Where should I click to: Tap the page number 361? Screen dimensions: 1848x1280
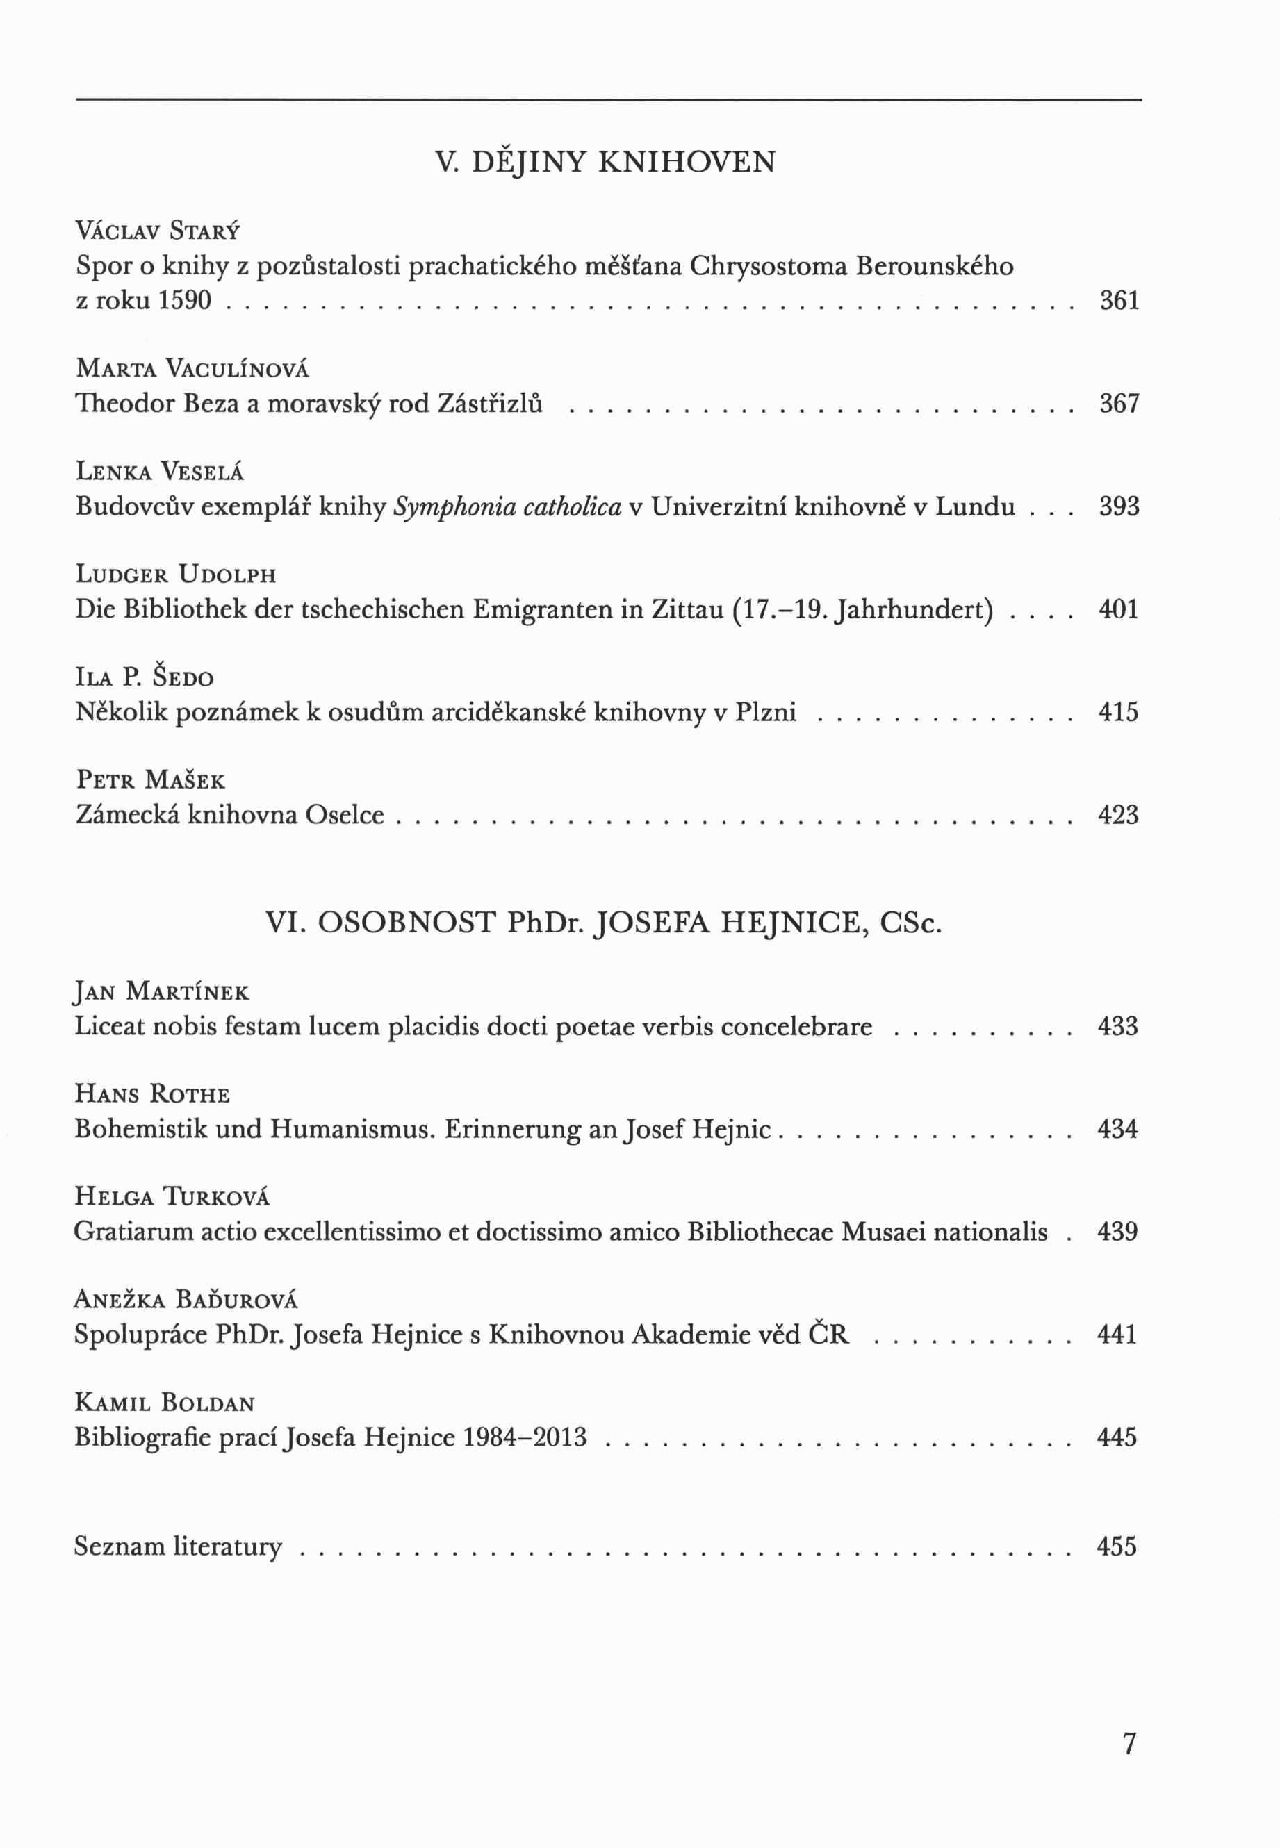(1119, 301)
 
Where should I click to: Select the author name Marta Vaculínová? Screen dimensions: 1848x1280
(192, 369)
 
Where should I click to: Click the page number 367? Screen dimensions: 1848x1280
(1119, 403)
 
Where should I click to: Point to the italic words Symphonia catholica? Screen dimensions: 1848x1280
(507, 506)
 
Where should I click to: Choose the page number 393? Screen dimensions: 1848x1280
(1119, 506)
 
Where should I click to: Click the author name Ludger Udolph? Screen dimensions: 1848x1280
(176, 575)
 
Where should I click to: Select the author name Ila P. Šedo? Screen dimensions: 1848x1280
(145, 677)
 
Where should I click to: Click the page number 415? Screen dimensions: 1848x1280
(1118, 712)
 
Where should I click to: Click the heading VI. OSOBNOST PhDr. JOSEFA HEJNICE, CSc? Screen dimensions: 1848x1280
(603, 923)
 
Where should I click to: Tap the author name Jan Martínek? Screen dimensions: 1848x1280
(161, 992)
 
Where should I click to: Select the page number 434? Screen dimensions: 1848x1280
(1117, 1129)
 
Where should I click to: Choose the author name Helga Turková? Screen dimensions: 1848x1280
(172, 1197)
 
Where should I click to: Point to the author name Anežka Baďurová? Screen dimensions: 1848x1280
(186, 1300)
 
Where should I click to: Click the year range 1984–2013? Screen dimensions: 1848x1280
(525, 1437)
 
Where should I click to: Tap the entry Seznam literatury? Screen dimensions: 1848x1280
(178, 1546)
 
